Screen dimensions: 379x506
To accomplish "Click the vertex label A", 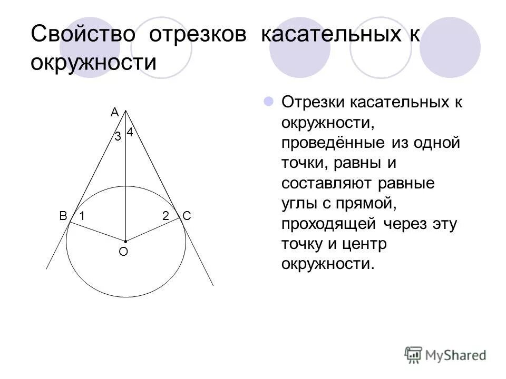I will (114, 112).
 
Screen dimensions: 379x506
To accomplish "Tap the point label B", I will (63, 216).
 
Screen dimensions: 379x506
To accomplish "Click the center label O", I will (123, 252).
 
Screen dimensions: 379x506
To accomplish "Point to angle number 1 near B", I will (82, 216).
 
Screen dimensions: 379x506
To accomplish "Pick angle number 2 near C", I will (166, 216).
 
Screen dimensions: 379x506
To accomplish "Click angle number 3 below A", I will (118, 137).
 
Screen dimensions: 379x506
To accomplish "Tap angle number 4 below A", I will (129, 133).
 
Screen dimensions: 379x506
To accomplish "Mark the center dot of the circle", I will (125, 241).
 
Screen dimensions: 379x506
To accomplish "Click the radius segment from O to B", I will (98, 231).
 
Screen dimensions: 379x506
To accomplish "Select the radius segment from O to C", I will (153, 229).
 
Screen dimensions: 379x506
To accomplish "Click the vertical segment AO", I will (125, 179).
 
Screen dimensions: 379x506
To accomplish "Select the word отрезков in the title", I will (197, 35).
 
